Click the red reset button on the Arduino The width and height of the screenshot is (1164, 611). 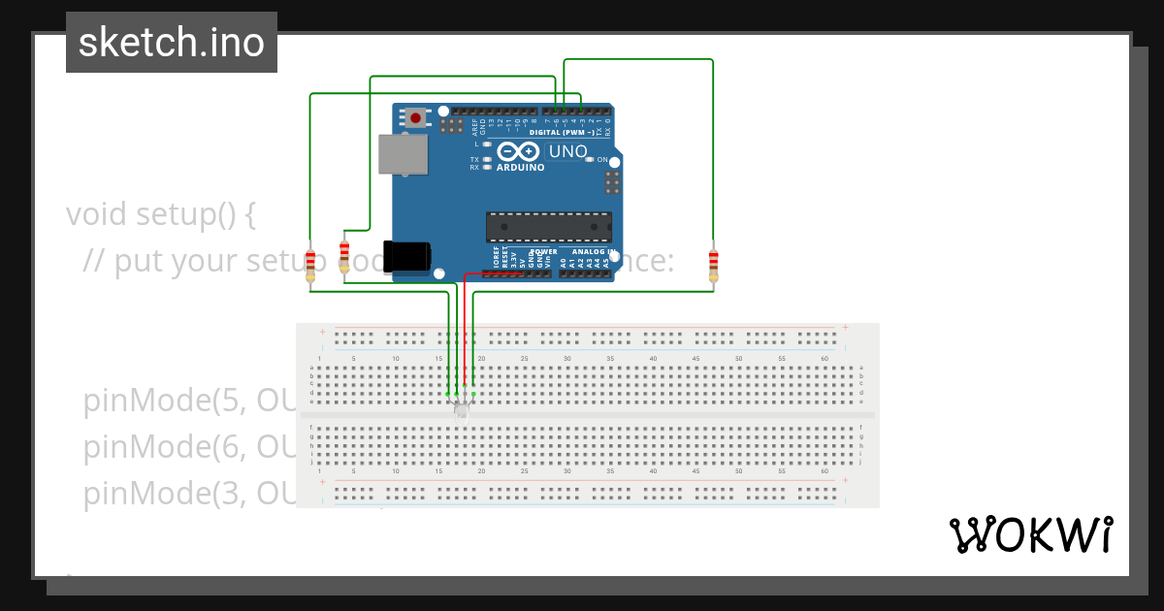[x=416, y=118]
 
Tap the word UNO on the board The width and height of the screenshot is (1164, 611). [x=568, y=151]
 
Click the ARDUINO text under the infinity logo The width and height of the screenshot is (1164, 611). [x=520, y=167]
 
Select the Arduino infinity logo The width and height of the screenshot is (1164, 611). [x=519, y=151]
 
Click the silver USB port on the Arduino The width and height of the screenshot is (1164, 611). [x=403, y=154]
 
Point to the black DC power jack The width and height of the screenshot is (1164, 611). [x=406, y=256]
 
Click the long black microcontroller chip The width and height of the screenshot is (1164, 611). [x=548, y=227]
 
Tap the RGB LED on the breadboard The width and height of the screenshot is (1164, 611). [x=461, y=409]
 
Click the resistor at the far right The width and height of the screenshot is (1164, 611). [x=714, y=263]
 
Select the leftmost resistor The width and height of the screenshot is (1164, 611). [x=310, y=263]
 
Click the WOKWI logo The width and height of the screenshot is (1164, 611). [x=1030, y=534]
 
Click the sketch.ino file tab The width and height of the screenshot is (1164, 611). [x=172, y=42]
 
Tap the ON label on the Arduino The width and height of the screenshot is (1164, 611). [x=602, y=160]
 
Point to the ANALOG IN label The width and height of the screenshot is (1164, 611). [x=594, y=252]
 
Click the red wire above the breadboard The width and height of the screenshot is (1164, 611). [x=465, y=330]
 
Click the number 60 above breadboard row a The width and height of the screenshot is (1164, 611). [x=824, y=359]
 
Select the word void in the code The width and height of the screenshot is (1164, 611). [x=97, y=213]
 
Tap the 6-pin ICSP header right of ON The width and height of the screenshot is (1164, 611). [x=611, y=182]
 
